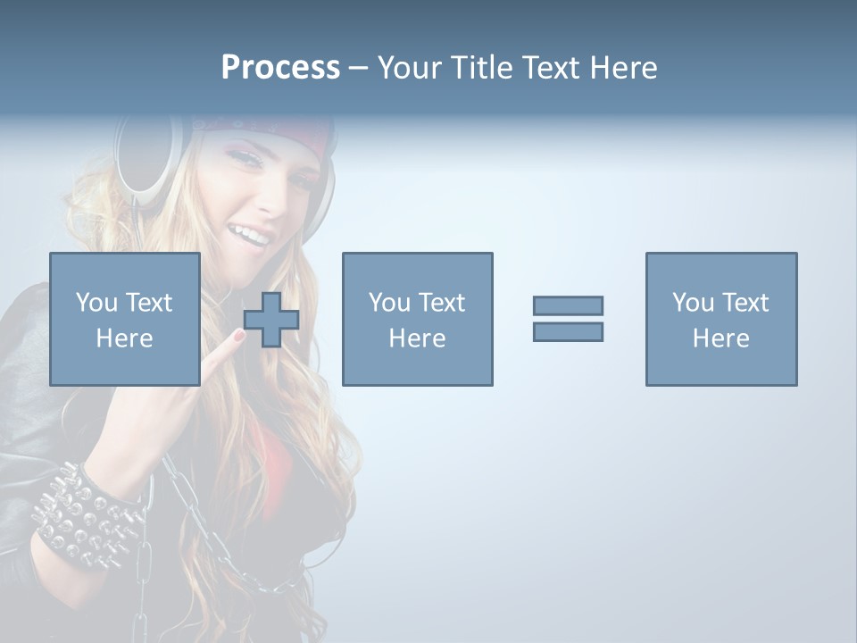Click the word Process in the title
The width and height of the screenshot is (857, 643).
click(280, 68)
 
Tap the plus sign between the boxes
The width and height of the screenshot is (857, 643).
click(271, 320)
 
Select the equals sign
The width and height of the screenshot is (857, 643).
click(568, 319)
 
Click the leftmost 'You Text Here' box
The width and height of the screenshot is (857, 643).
click(124, 319)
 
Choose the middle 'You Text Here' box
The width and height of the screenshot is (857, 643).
click(417, 319)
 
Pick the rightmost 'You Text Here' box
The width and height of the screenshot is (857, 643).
click(720, 319)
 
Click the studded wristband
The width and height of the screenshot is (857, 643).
click(85, 518)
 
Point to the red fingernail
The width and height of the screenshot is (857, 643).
click(238, 336)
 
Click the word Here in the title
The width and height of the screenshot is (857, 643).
click(622, 68)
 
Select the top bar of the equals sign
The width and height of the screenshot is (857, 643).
click(568, 305)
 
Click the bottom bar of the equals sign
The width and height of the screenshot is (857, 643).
click(568, 331)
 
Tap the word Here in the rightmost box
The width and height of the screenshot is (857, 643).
click(720, 338)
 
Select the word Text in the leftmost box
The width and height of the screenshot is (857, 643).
click(148, 303)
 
